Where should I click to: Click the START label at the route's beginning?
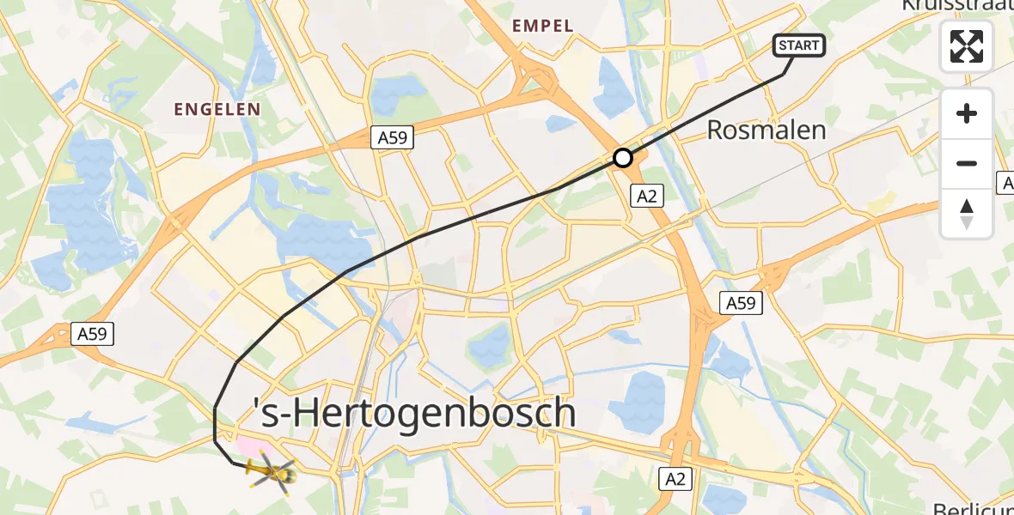point(800,45)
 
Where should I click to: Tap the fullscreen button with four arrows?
point(967,46)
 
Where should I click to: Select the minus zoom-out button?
point(967,163)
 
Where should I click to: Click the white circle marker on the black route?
point(623,158)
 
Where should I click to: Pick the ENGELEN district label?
point(217,109)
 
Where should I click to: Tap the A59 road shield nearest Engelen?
point(393,136)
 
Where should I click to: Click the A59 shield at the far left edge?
point(91,333)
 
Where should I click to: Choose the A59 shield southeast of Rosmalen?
point(740,303)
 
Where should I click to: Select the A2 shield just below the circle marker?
point(646,196)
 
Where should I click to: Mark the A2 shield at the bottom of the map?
point(675,479)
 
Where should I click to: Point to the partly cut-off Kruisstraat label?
point(956,7)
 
